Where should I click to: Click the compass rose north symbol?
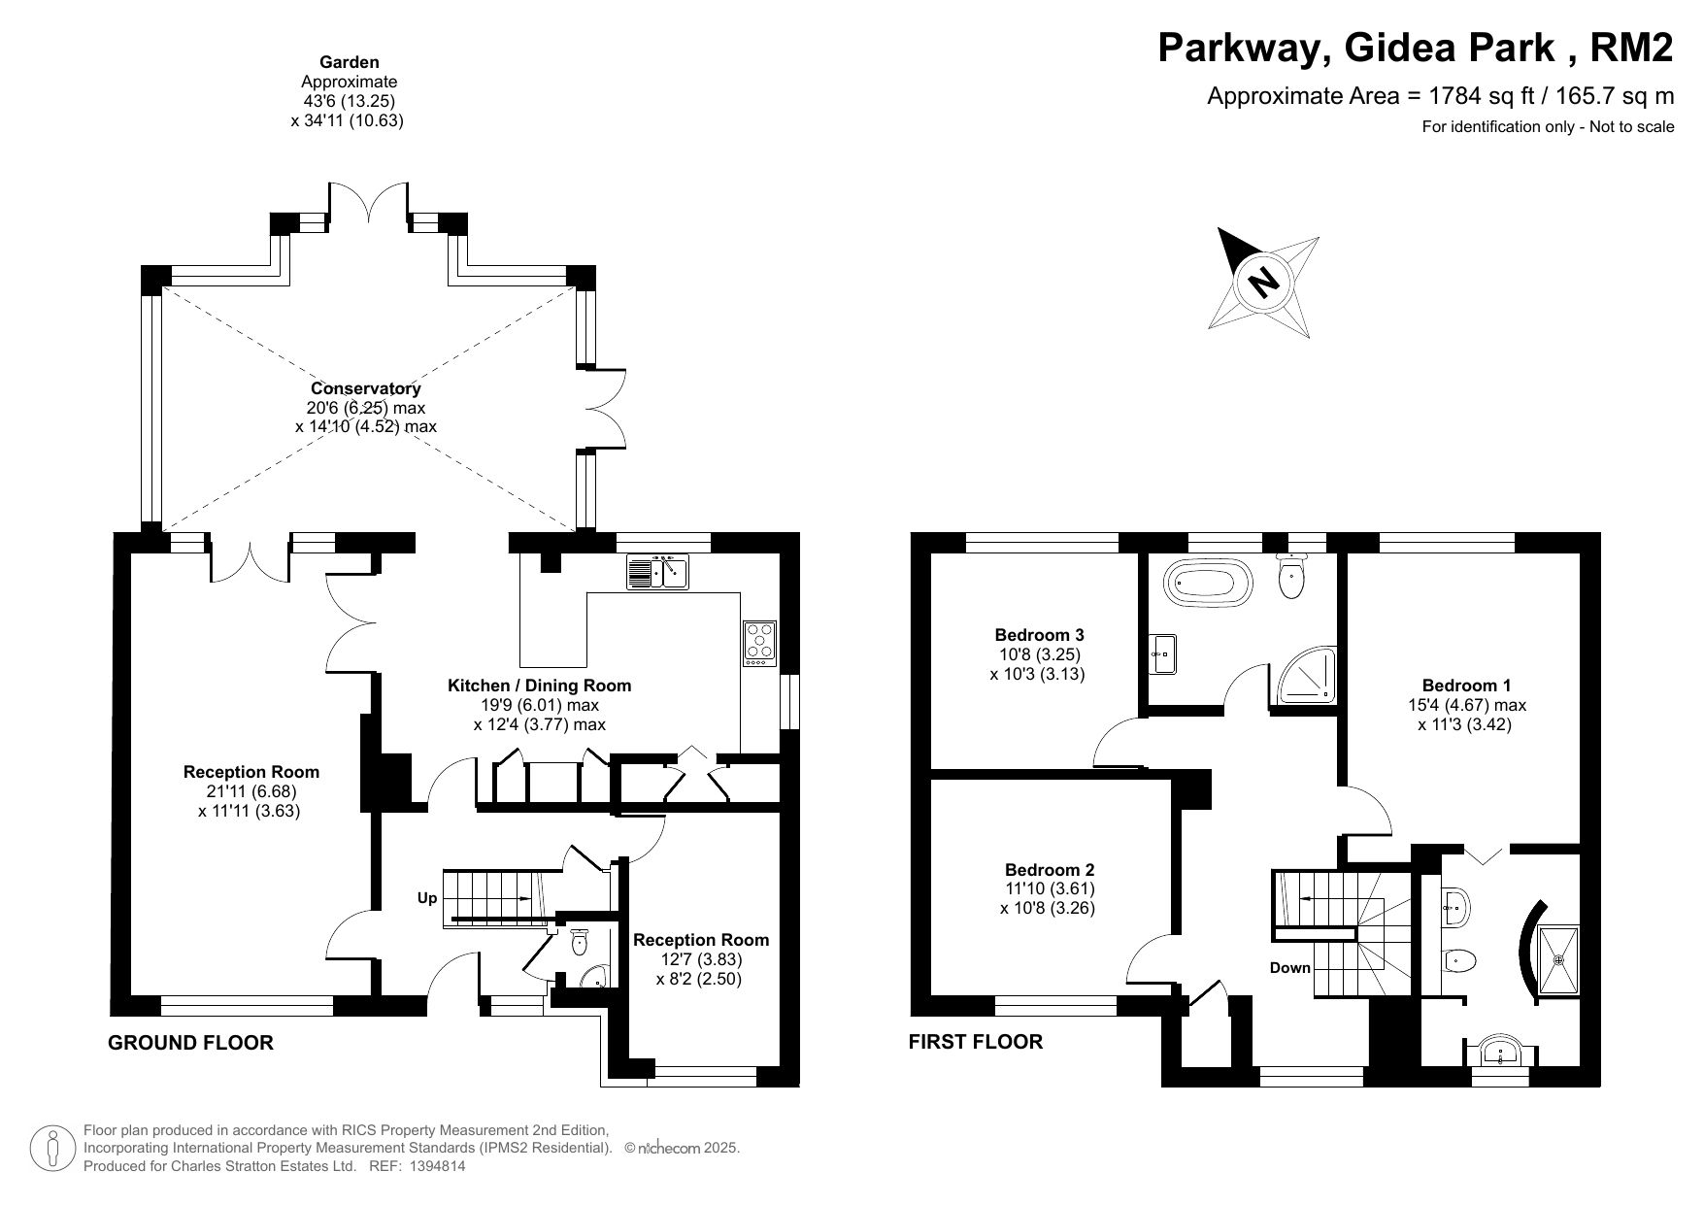click(1263, 283)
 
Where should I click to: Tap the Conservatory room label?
click(366, 389)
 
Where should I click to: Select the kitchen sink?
click(657, 572)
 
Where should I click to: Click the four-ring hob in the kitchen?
click(759, 643)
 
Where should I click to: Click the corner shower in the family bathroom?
click(1306, 676)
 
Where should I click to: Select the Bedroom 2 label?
click(1050, 870)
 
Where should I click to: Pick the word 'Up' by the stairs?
click(427, 899)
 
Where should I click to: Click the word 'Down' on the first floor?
click(1290, 968)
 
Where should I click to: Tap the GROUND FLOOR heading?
click(190, 1043)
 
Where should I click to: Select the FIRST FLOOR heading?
click(975, 1042)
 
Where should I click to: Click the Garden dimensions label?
click(349, 91)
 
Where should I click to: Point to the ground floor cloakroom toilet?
click(580, 943)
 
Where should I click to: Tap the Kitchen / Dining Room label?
click(539, 686)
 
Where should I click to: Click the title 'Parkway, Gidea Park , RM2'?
click(1416, 48)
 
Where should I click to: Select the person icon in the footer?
click(53, 1149)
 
